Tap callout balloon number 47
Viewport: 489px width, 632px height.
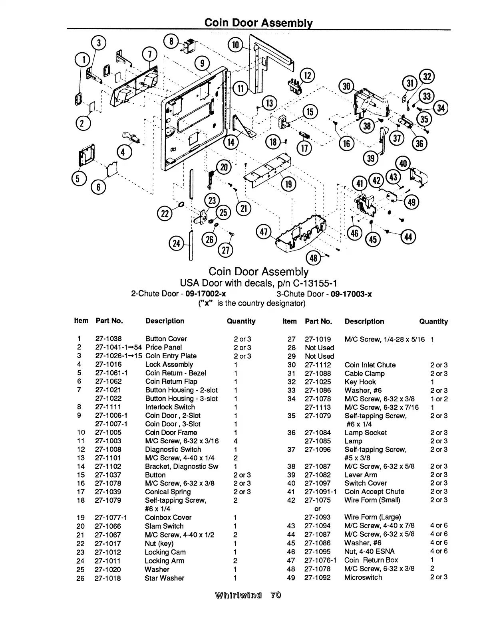[x=263, y=231]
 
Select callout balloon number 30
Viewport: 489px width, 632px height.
[x=346, y=87]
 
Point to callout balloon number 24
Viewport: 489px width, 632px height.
[x=176, y=243]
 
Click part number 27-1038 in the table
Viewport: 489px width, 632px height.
[x=108, y=339]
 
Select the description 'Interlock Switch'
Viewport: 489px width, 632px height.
[x=170, y=407]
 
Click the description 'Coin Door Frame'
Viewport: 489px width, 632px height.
[x=171, y=433]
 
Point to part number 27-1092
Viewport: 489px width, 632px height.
[x=318, y=577]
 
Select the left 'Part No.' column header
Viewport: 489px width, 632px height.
[x=109, y=321]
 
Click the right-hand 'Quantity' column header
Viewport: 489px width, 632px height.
[x=433, y=322]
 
